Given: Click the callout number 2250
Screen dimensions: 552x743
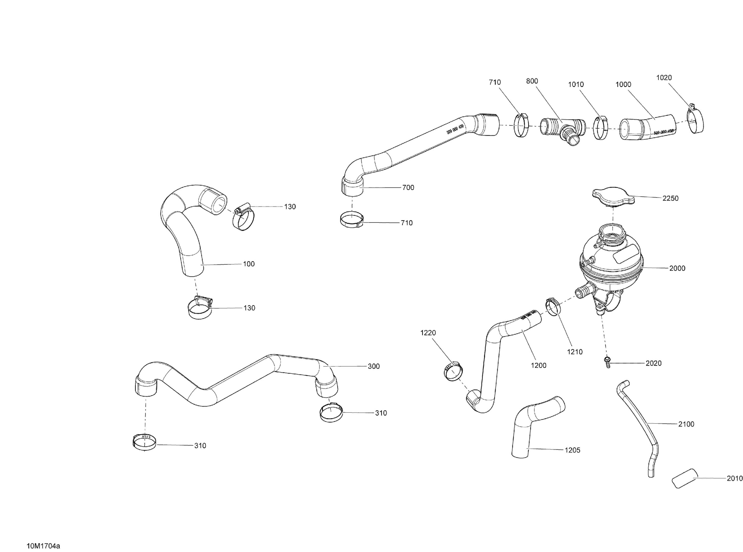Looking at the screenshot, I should coord(670,198).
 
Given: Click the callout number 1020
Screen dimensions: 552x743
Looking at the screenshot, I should coord(664,78).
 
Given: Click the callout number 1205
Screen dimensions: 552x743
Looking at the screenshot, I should coord(572,450).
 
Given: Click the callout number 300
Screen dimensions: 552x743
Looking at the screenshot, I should coord(374,366).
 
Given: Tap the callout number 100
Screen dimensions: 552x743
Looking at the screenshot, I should coord(249,264).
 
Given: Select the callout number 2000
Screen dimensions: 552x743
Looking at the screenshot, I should coord(677,268).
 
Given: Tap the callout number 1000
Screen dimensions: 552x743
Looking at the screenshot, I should coord(623,84).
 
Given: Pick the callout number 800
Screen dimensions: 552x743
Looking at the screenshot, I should coord(532,81).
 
